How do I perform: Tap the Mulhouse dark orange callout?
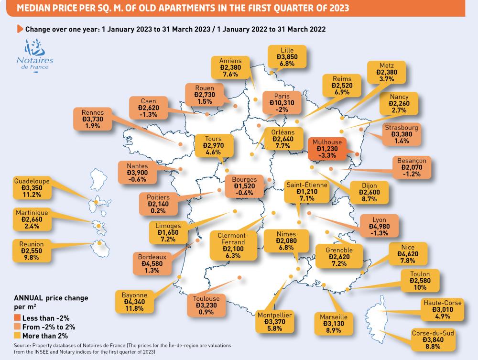click(x=326, y=149)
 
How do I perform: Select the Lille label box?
click(x=288, y=56)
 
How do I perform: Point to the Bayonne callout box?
click(x=134, y=302)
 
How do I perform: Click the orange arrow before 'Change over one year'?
click(x=20, y=29)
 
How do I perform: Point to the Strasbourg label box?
click(x=401, y=134)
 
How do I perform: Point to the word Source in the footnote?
click(x=22, y=346)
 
